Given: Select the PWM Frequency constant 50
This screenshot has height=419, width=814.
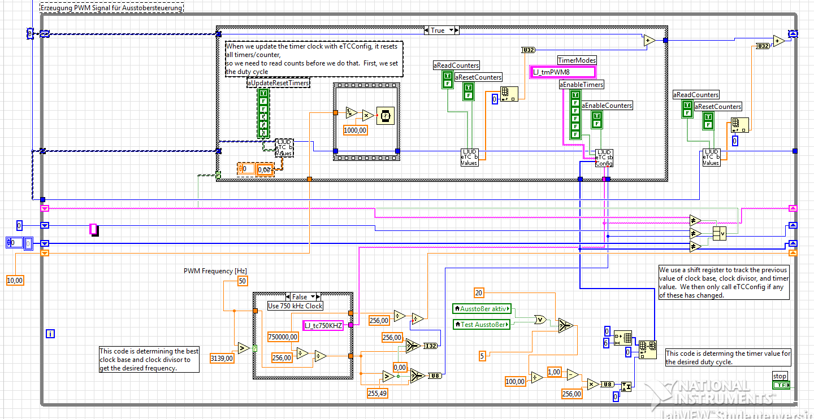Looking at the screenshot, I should pyautogui.click(x=242, y=281).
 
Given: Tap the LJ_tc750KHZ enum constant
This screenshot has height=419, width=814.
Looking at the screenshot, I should pyautogui.click(x=323, y=325).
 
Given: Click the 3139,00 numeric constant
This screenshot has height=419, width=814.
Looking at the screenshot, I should pyautogui.click(x=221, y=357).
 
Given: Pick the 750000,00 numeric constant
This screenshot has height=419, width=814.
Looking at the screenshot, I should pyautogui.click(x=283, y=337).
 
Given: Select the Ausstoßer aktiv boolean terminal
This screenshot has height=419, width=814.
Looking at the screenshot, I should pyautogui.click(x=482, y=309).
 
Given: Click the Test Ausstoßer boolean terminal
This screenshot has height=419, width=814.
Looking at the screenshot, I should pyautogui.click(x=482, y=324).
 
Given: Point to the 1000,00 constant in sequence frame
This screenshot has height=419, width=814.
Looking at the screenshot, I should pyautogui.click(x=356, y=130).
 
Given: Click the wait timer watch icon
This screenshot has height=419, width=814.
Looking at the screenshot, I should pyautogui.click(x=385, y=115).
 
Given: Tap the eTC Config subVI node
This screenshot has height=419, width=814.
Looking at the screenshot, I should pyautogui.click(x=604, y=158).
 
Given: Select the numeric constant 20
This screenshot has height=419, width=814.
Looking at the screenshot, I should pyautogui.click(x=479, y=293).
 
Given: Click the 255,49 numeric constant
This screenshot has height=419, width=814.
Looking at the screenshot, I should pyautogui.click(x=378, y=394).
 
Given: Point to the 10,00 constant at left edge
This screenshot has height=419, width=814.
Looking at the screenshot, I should pyautogui.click(x=16, y=281).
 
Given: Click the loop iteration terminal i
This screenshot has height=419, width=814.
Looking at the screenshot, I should pyautogui.click(x=51, y=334).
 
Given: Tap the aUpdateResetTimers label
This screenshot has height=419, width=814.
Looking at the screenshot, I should pyautogui.click(x=278, y=83).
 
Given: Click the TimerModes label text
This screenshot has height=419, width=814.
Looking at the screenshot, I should pyautogui.click(x=577, y=60).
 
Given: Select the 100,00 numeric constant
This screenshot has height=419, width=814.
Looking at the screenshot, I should pyautogui.click(x=515, y=382).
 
